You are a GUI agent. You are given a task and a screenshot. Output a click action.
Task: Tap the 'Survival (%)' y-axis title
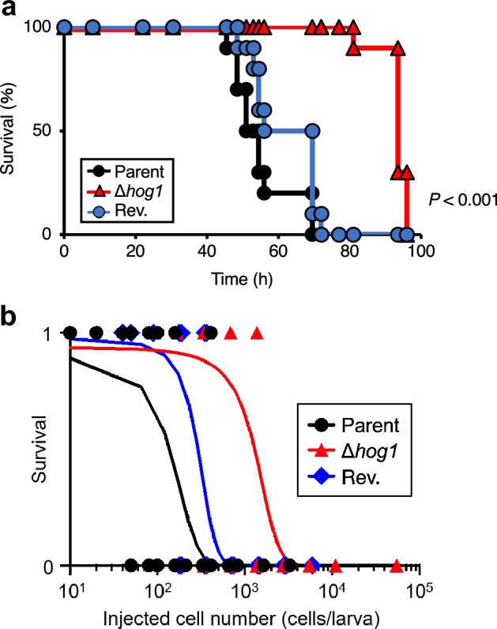(x=9, y=131)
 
